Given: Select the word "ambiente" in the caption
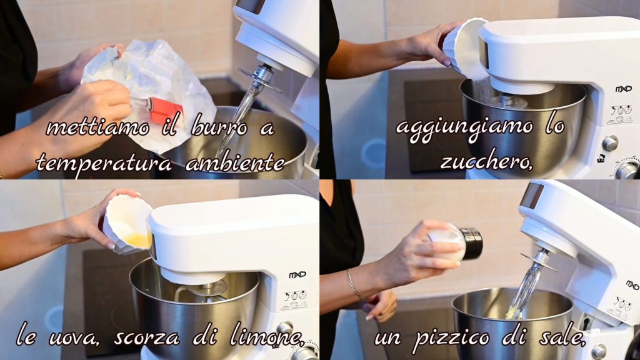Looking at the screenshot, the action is click(235, 162).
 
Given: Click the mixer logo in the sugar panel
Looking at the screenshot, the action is click(623, 89).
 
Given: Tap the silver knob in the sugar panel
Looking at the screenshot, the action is click(610, 143).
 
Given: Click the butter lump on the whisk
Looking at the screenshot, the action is click(514, 314).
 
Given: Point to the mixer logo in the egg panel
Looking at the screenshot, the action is click(297, 275).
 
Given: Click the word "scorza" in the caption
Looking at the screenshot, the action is click(146, 337).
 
